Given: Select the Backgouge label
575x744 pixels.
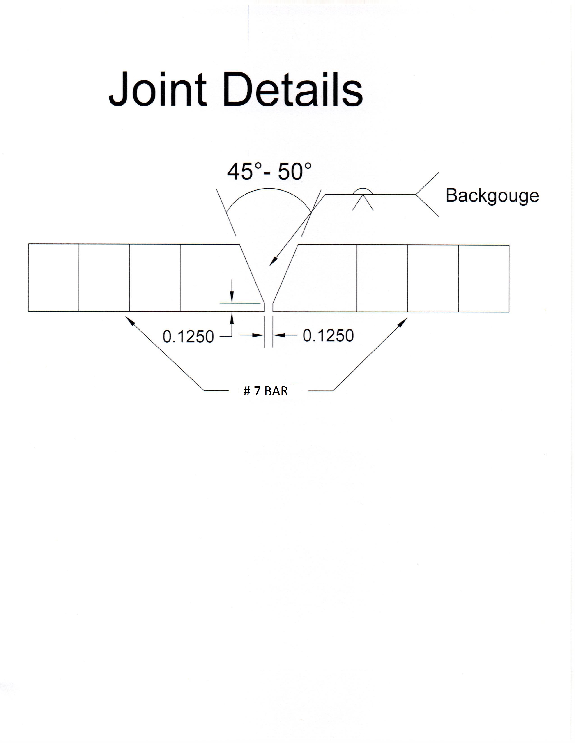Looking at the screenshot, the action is (492, 196).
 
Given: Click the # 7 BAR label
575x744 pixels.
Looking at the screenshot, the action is (266, 391).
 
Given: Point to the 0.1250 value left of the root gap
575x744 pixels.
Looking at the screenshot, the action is (188, 337).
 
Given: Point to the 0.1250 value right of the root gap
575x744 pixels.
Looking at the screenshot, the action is (328, 336).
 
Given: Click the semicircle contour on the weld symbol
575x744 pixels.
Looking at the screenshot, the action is (363, 191).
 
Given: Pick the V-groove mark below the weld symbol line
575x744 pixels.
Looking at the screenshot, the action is (363, 202).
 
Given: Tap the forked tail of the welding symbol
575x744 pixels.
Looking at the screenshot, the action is (427, 195).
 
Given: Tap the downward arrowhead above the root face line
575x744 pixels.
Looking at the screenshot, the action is (232, 297).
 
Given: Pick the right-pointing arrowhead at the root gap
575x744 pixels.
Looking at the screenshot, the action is (259, 335).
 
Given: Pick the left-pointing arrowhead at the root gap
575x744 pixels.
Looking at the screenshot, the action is (279, 335).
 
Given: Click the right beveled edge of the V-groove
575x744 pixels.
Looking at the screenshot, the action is (285, 273).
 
